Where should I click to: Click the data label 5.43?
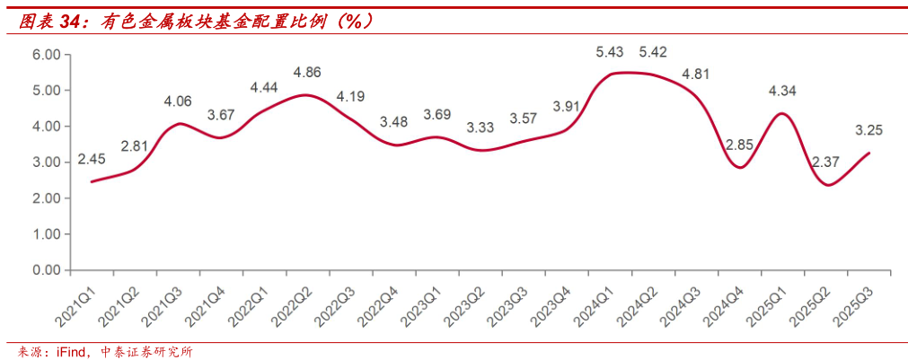click(610, 52)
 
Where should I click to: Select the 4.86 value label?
click(307, 72)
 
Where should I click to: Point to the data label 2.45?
click(93, 159)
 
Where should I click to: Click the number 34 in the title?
click(70, 22)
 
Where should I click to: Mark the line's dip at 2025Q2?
click(827, 185)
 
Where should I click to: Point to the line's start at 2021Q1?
click(91, 182)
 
